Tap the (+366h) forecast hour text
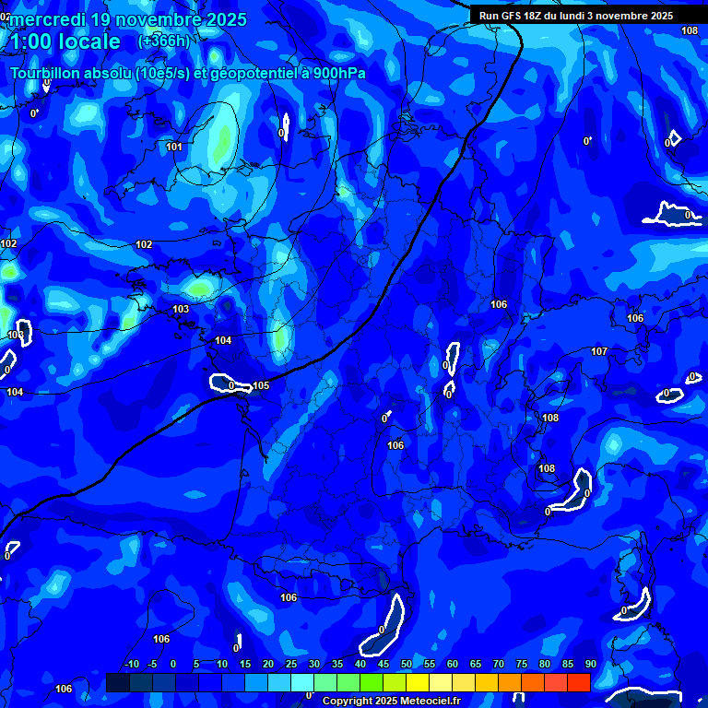click(163, 41)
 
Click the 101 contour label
click(174, 147)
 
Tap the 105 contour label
click(262, 385)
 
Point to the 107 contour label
click(599, 351)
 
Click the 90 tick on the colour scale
click(590, 664)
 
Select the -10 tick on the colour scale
click(131, 664)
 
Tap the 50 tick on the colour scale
click(407, 664)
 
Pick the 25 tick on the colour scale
click(291, 664)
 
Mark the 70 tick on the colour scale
click(499, 664)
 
